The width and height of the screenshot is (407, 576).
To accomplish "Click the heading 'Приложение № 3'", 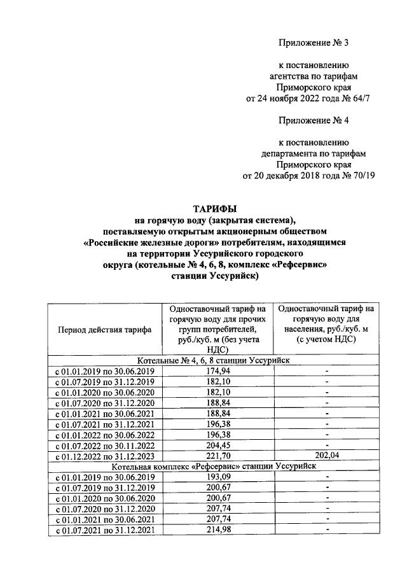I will pyautogui.click(x=314, y=43).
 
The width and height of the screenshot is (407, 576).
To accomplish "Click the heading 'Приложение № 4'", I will pyautogui.click(x=314, y=120).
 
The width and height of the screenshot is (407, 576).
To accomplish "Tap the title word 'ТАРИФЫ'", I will pyautogui.click(x=214, y=208).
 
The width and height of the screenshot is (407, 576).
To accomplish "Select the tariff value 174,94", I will pyautogui.click(x=217, y=370).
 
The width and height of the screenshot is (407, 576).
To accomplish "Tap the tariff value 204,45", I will pyautogui.click(x=217, y=445).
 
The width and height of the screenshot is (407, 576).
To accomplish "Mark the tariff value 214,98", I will pyautogui.click(x=217, y=531).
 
